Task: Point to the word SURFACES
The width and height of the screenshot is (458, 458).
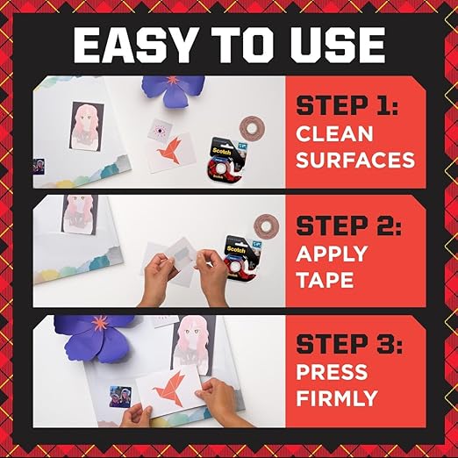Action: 354,161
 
